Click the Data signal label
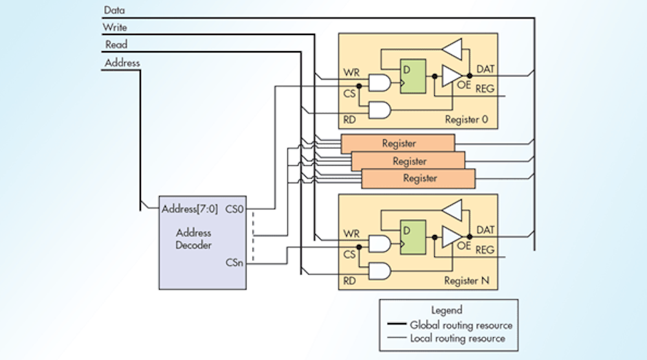[115, 10]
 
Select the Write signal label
[116, 27]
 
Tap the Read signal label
[116, 45]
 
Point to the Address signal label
[122, 63]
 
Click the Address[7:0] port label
[190, 209]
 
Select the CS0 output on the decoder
[234, 209]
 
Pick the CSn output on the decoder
[234, 263]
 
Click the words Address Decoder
[193, 239]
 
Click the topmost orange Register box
[398, 143]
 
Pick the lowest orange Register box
[419, 178]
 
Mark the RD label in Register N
[350, 281]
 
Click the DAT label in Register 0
[486, 68]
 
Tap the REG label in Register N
[486, 249]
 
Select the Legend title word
[446, 310]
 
